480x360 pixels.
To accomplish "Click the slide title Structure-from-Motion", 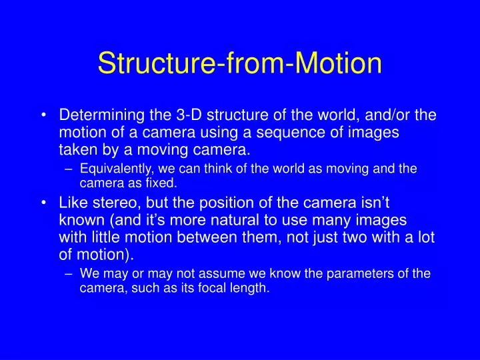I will click(240, 64).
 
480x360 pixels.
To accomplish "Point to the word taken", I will click(76, 150).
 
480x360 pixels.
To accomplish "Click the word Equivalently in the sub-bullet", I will click(113, 169).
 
